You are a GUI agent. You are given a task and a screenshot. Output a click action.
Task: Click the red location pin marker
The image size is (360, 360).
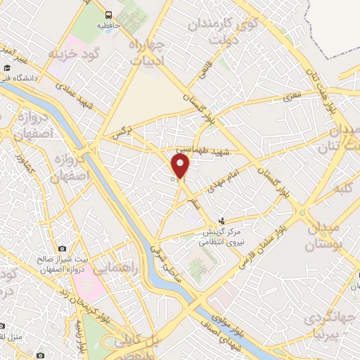pos(181,167)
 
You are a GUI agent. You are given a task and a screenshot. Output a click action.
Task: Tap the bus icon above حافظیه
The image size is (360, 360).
pos(108,14)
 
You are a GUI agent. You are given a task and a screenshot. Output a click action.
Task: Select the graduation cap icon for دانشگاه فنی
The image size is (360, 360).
pos(6,68)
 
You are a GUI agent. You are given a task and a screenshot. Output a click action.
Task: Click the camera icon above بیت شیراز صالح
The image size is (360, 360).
pos(63,248)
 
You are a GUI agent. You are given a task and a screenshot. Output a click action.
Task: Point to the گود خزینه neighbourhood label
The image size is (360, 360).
pos(77,53)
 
